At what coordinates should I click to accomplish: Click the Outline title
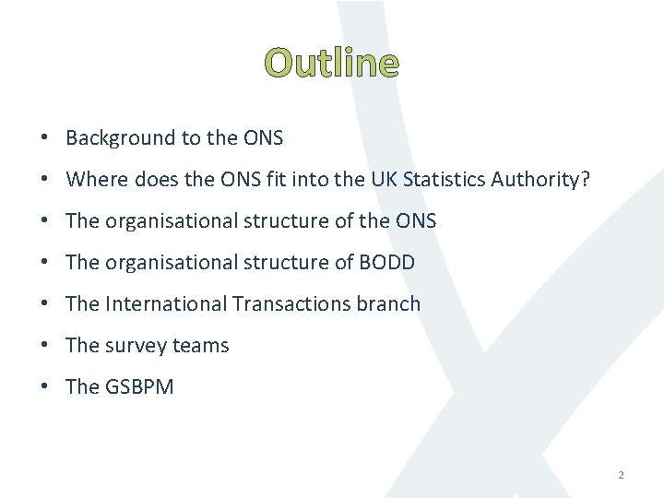coord(332,63)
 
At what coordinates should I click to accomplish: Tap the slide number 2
coord(621,475)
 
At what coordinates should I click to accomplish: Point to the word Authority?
coord(541,180)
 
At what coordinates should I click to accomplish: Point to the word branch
coord(386,304)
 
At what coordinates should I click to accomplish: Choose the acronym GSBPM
coord(139,387)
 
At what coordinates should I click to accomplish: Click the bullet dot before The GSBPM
coord(44,387)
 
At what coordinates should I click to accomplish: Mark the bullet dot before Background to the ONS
coord(44,138)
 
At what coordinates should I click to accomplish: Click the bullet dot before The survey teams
coord(44,346)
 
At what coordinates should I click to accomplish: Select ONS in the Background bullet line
coord(263,138)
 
